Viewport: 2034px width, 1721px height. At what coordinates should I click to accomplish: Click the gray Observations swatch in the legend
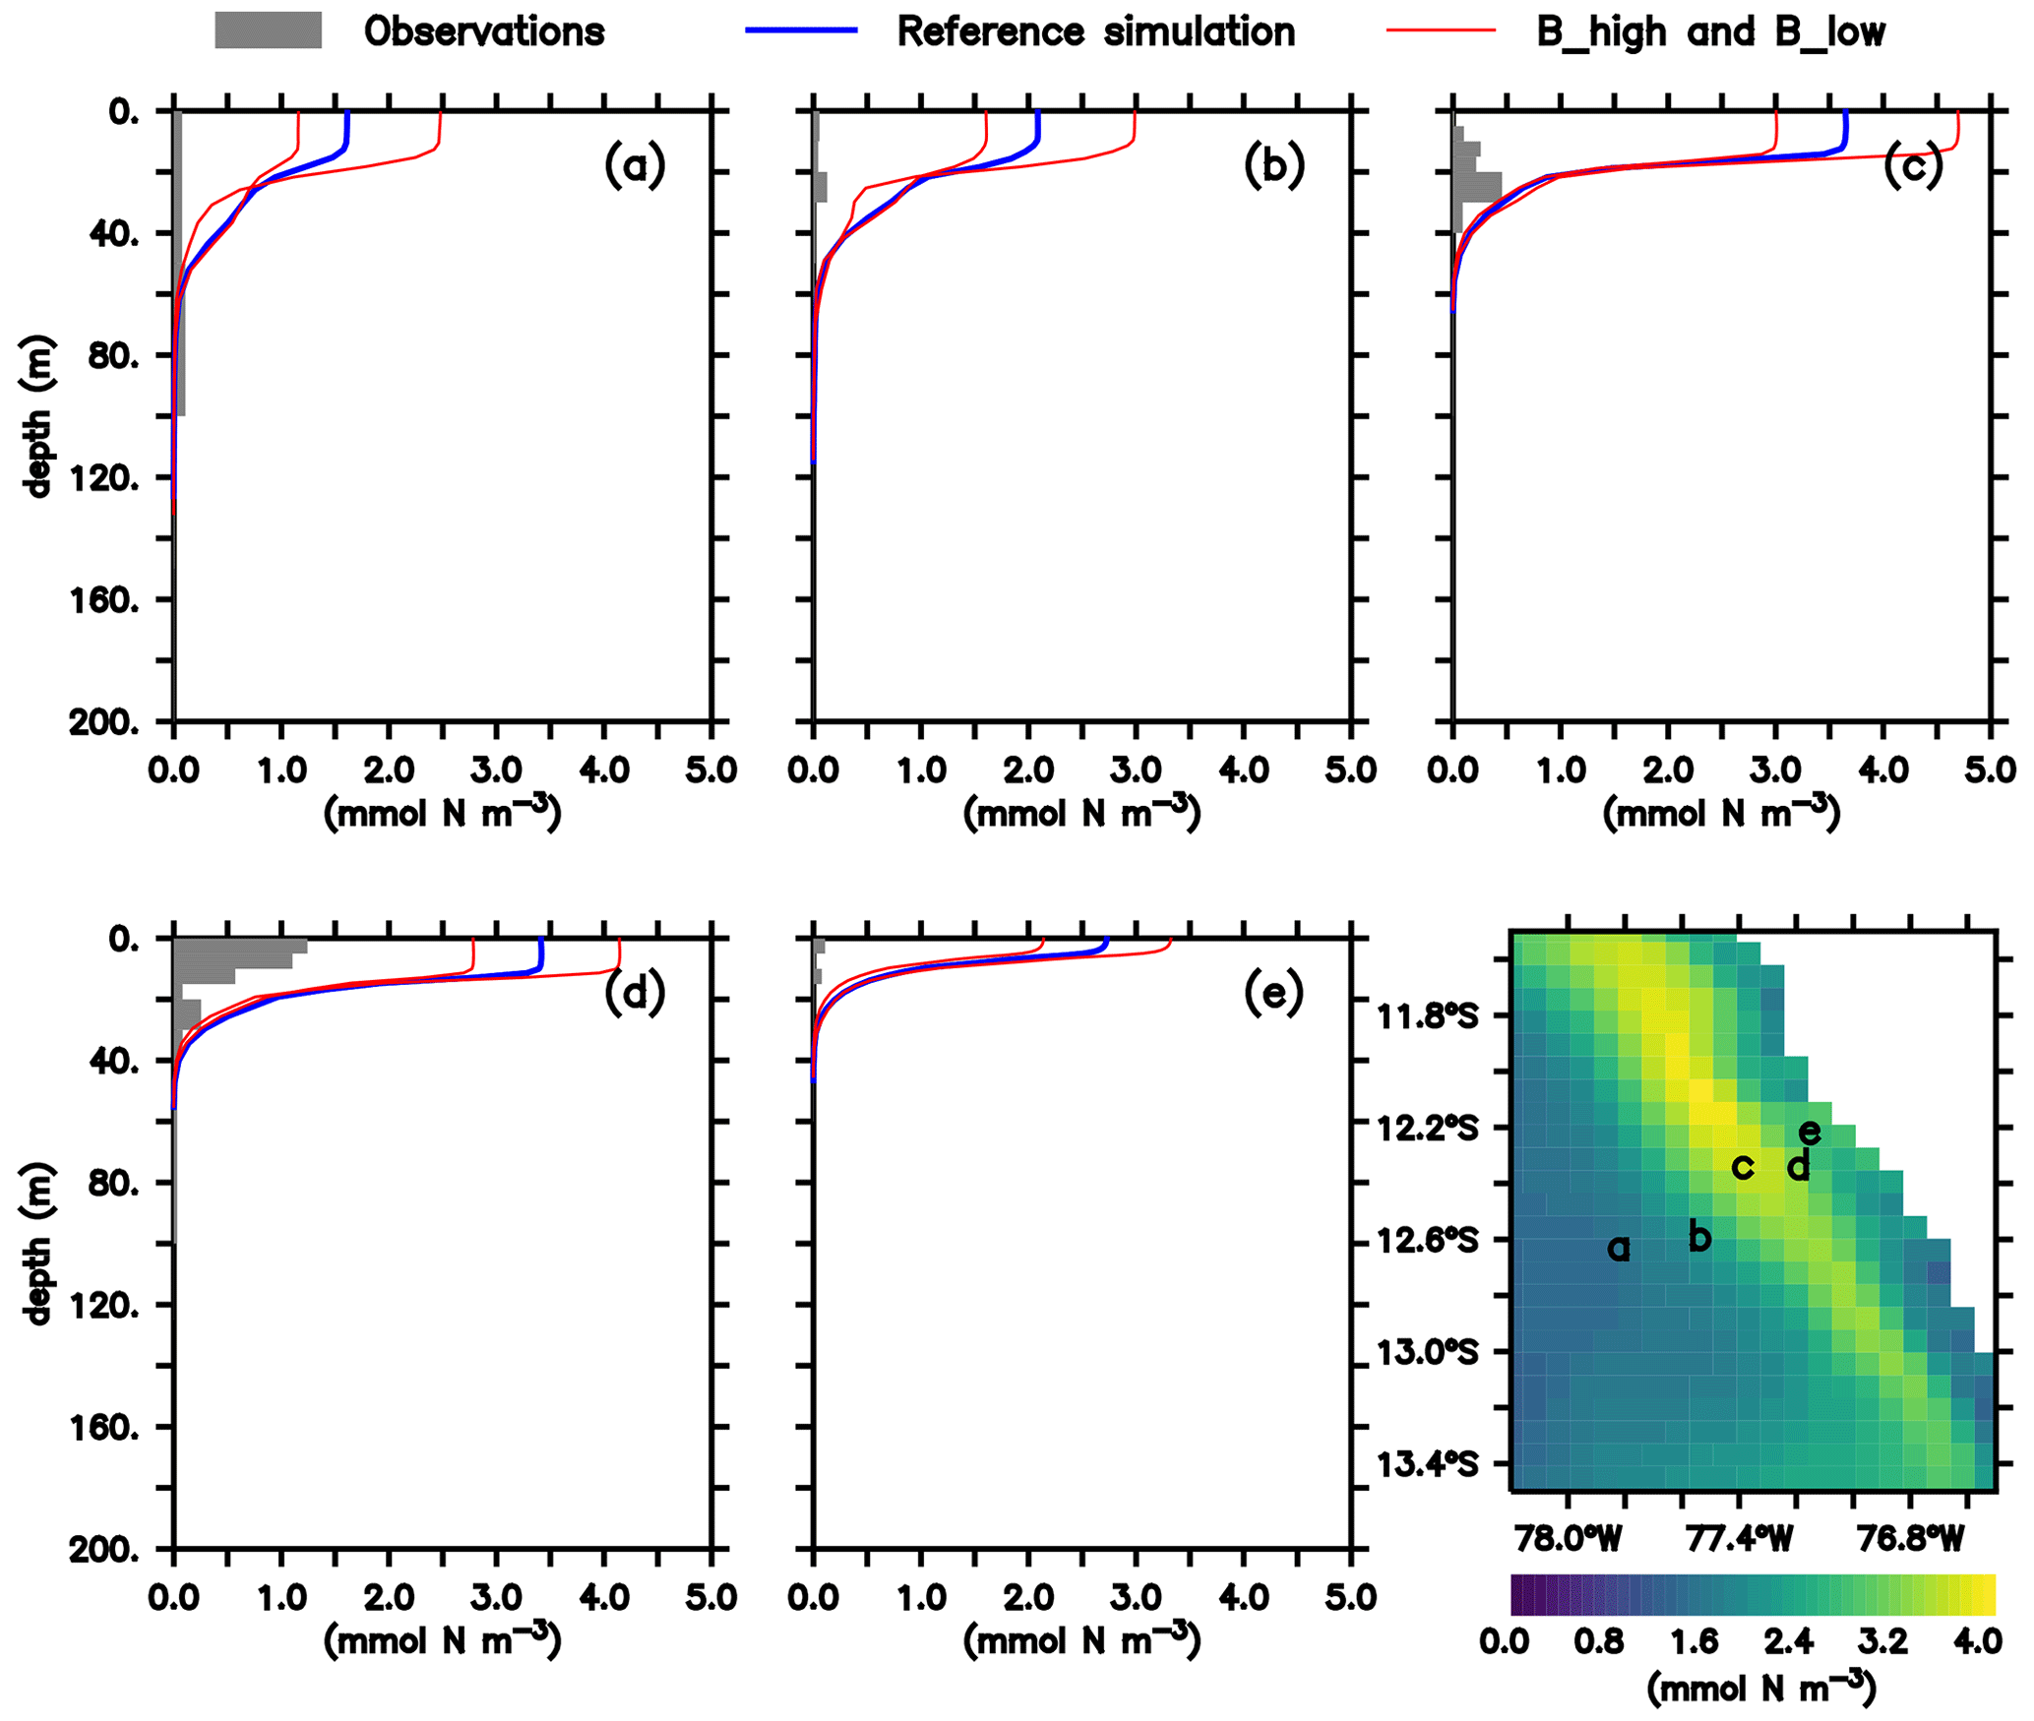(x=268, y=31)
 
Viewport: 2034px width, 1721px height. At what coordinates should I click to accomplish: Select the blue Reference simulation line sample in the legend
(x=801, y=31)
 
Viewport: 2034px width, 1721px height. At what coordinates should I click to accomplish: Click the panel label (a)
(x=635, y=165)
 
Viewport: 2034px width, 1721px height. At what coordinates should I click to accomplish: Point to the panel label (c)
(x=1913, y=165)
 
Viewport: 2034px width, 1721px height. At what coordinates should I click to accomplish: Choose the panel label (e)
(x=1273, y=993)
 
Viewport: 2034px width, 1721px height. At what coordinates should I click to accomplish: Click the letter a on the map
(x=1618, y=1249)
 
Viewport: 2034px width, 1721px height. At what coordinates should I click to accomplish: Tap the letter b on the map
(x=1699, y=1236)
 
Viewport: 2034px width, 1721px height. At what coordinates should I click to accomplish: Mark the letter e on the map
(x=1809, y=1133)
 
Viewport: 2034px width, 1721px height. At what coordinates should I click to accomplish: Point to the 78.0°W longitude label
(x=1569, y=1539)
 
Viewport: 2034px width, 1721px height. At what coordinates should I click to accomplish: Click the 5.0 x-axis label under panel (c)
(x=1991, y=769)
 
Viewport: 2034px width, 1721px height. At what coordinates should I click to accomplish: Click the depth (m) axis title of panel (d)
(x=37, y=1244)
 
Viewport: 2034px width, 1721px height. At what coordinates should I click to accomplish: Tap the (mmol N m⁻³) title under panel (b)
(x=1081, y=813)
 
